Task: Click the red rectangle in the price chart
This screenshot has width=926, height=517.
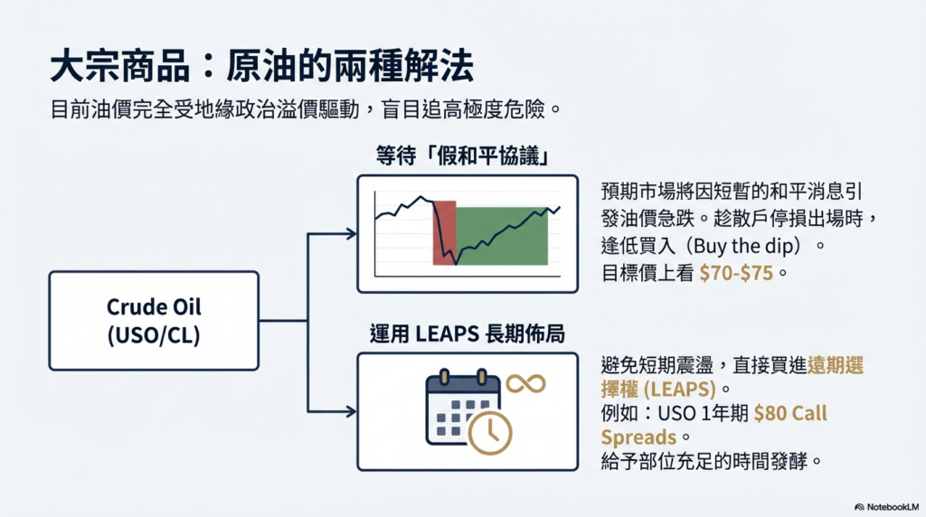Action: (x=444, y=233)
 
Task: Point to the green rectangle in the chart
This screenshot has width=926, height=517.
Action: (x=502, y=235)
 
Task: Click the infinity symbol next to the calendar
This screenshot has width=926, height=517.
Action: (x=525, y=383)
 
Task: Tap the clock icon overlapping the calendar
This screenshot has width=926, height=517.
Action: (x=489, y=431)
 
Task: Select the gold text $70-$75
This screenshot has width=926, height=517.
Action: (x=736, y=271)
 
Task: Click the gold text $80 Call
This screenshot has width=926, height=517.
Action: (x=790, y=413)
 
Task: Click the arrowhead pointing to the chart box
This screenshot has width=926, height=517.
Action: (x=350, y=234)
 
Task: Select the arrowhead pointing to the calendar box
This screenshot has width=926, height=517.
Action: (x=350, y=411)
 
